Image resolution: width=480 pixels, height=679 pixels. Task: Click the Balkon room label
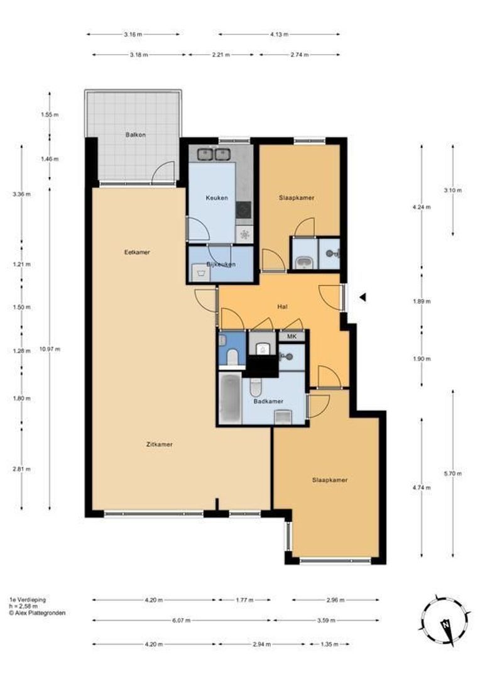click(x=136, y=135)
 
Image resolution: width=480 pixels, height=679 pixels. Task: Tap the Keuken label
click(x=216, y=198)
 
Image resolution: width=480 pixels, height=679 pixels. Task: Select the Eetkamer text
click(x=137, y=252)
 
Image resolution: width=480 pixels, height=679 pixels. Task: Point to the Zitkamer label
click(x=160, y=444)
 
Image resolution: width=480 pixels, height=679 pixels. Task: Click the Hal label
click(x=283, y=307)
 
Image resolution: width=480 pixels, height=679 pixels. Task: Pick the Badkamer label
click(x=268, y=401)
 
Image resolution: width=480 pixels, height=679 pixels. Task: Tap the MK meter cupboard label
click(x=292, y=336)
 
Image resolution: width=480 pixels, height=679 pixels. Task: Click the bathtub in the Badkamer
click(x=230, y=399)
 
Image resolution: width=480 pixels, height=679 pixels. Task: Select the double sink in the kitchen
click(x=213, y=154)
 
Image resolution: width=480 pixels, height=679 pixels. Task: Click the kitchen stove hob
click(x=244, y=211)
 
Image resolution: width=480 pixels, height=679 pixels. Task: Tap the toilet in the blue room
click(x=232, y=357)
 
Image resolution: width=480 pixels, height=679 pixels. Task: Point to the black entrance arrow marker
click(x=363, y=297)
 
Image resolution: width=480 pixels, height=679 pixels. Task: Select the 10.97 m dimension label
click(x=50, y=349)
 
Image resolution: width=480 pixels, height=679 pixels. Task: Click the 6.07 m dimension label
click(x=182, y=620)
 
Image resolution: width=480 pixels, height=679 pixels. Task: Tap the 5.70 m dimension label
click(x=453, y=473)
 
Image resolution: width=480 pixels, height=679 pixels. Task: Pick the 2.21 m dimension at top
click(x=221, y=55)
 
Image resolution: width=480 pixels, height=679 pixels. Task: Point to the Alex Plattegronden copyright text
click(x=37, y=613)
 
